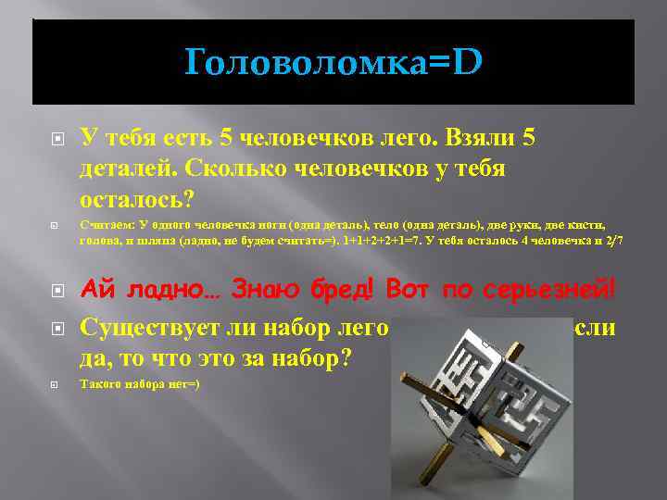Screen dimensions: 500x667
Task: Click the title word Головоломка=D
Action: coord(333,63)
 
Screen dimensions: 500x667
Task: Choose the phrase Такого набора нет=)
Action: coord(139,383)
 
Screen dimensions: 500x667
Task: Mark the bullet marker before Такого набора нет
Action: coord(57,383)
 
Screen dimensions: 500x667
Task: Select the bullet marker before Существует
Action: coord(57,327)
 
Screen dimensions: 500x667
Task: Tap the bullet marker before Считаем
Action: coord(57,225)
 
